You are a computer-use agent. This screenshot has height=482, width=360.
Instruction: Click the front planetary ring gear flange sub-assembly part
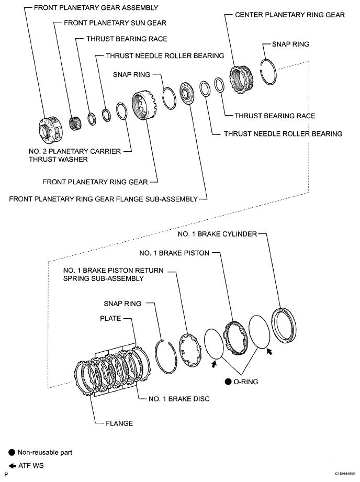coord(186,94)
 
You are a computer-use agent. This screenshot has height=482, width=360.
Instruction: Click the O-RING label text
coord(247,382)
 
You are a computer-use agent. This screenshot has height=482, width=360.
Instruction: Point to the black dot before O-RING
coord(229,382)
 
